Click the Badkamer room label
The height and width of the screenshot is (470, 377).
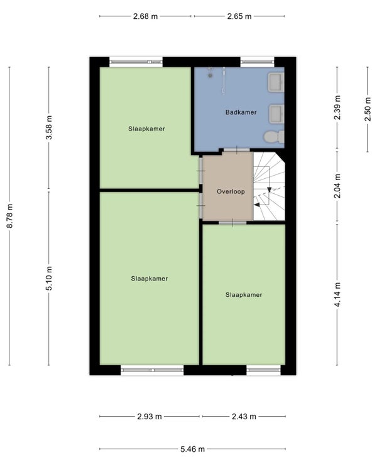[x=241, y=112]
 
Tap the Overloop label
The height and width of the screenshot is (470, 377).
[x=231, y=191]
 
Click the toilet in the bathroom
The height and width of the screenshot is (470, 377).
[x=274, y=137]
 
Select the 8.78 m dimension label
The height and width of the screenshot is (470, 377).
[x=10, y=216]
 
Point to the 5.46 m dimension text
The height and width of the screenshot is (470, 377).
[x=192, y=449]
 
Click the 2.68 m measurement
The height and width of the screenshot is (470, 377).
[x=145, y=16]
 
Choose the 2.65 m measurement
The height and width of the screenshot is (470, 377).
[x=239, y=16]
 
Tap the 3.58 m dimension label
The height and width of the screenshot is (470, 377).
[x=49, y=127]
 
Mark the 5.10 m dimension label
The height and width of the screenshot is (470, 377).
[x=49, y=278]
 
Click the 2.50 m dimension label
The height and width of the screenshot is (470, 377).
[x=368, y=109]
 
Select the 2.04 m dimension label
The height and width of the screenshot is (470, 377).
[x=337, y=186]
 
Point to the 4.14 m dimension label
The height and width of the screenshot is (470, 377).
[x=337, y=295]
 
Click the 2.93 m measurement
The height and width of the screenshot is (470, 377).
[x=150, y=416]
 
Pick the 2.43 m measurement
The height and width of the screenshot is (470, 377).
[x=244, y=416]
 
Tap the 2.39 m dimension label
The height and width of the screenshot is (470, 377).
[x=337, y=107]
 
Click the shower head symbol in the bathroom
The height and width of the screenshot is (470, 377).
[x=210, y=72]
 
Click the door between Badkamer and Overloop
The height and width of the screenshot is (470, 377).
[x=236, y=150]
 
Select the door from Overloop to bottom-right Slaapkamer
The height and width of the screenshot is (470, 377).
[x=232, y=223]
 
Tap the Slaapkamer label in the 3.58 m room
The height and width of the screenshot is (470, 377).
[x=147, y=129]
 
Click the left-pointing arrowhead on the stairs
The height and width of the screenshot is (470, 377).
[x=256, y=205]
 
